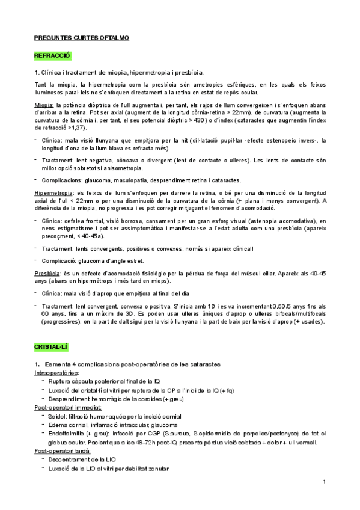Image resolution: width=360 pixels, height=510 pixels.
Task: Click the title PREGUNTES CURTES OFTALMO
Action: tap(81, 38)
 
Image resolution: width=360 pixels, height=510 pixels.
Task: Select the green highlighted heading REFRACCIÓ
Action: tap(52, 55)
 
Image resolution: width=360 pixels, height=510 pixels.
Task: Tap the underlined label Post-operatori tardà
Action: tap(62, 450)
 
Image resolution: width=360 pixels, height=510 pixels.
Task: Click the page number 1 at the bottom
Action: tap(323, 482)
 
